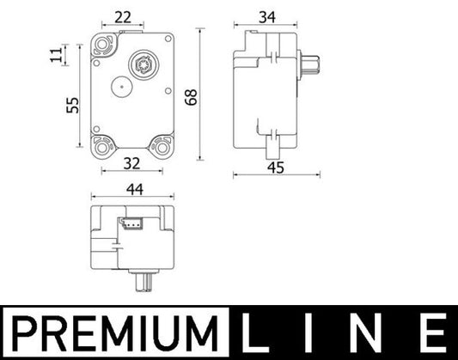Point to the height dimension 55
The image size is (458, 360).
pos(72,105)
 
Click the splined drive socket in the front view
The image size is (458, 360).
pos(141,63)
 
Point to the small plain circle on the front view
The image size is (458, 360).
pos(119,86)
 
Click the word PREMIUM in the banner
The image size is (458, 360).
pos(110,331)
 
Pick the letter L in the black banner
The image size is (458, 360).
pos(256,331)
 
